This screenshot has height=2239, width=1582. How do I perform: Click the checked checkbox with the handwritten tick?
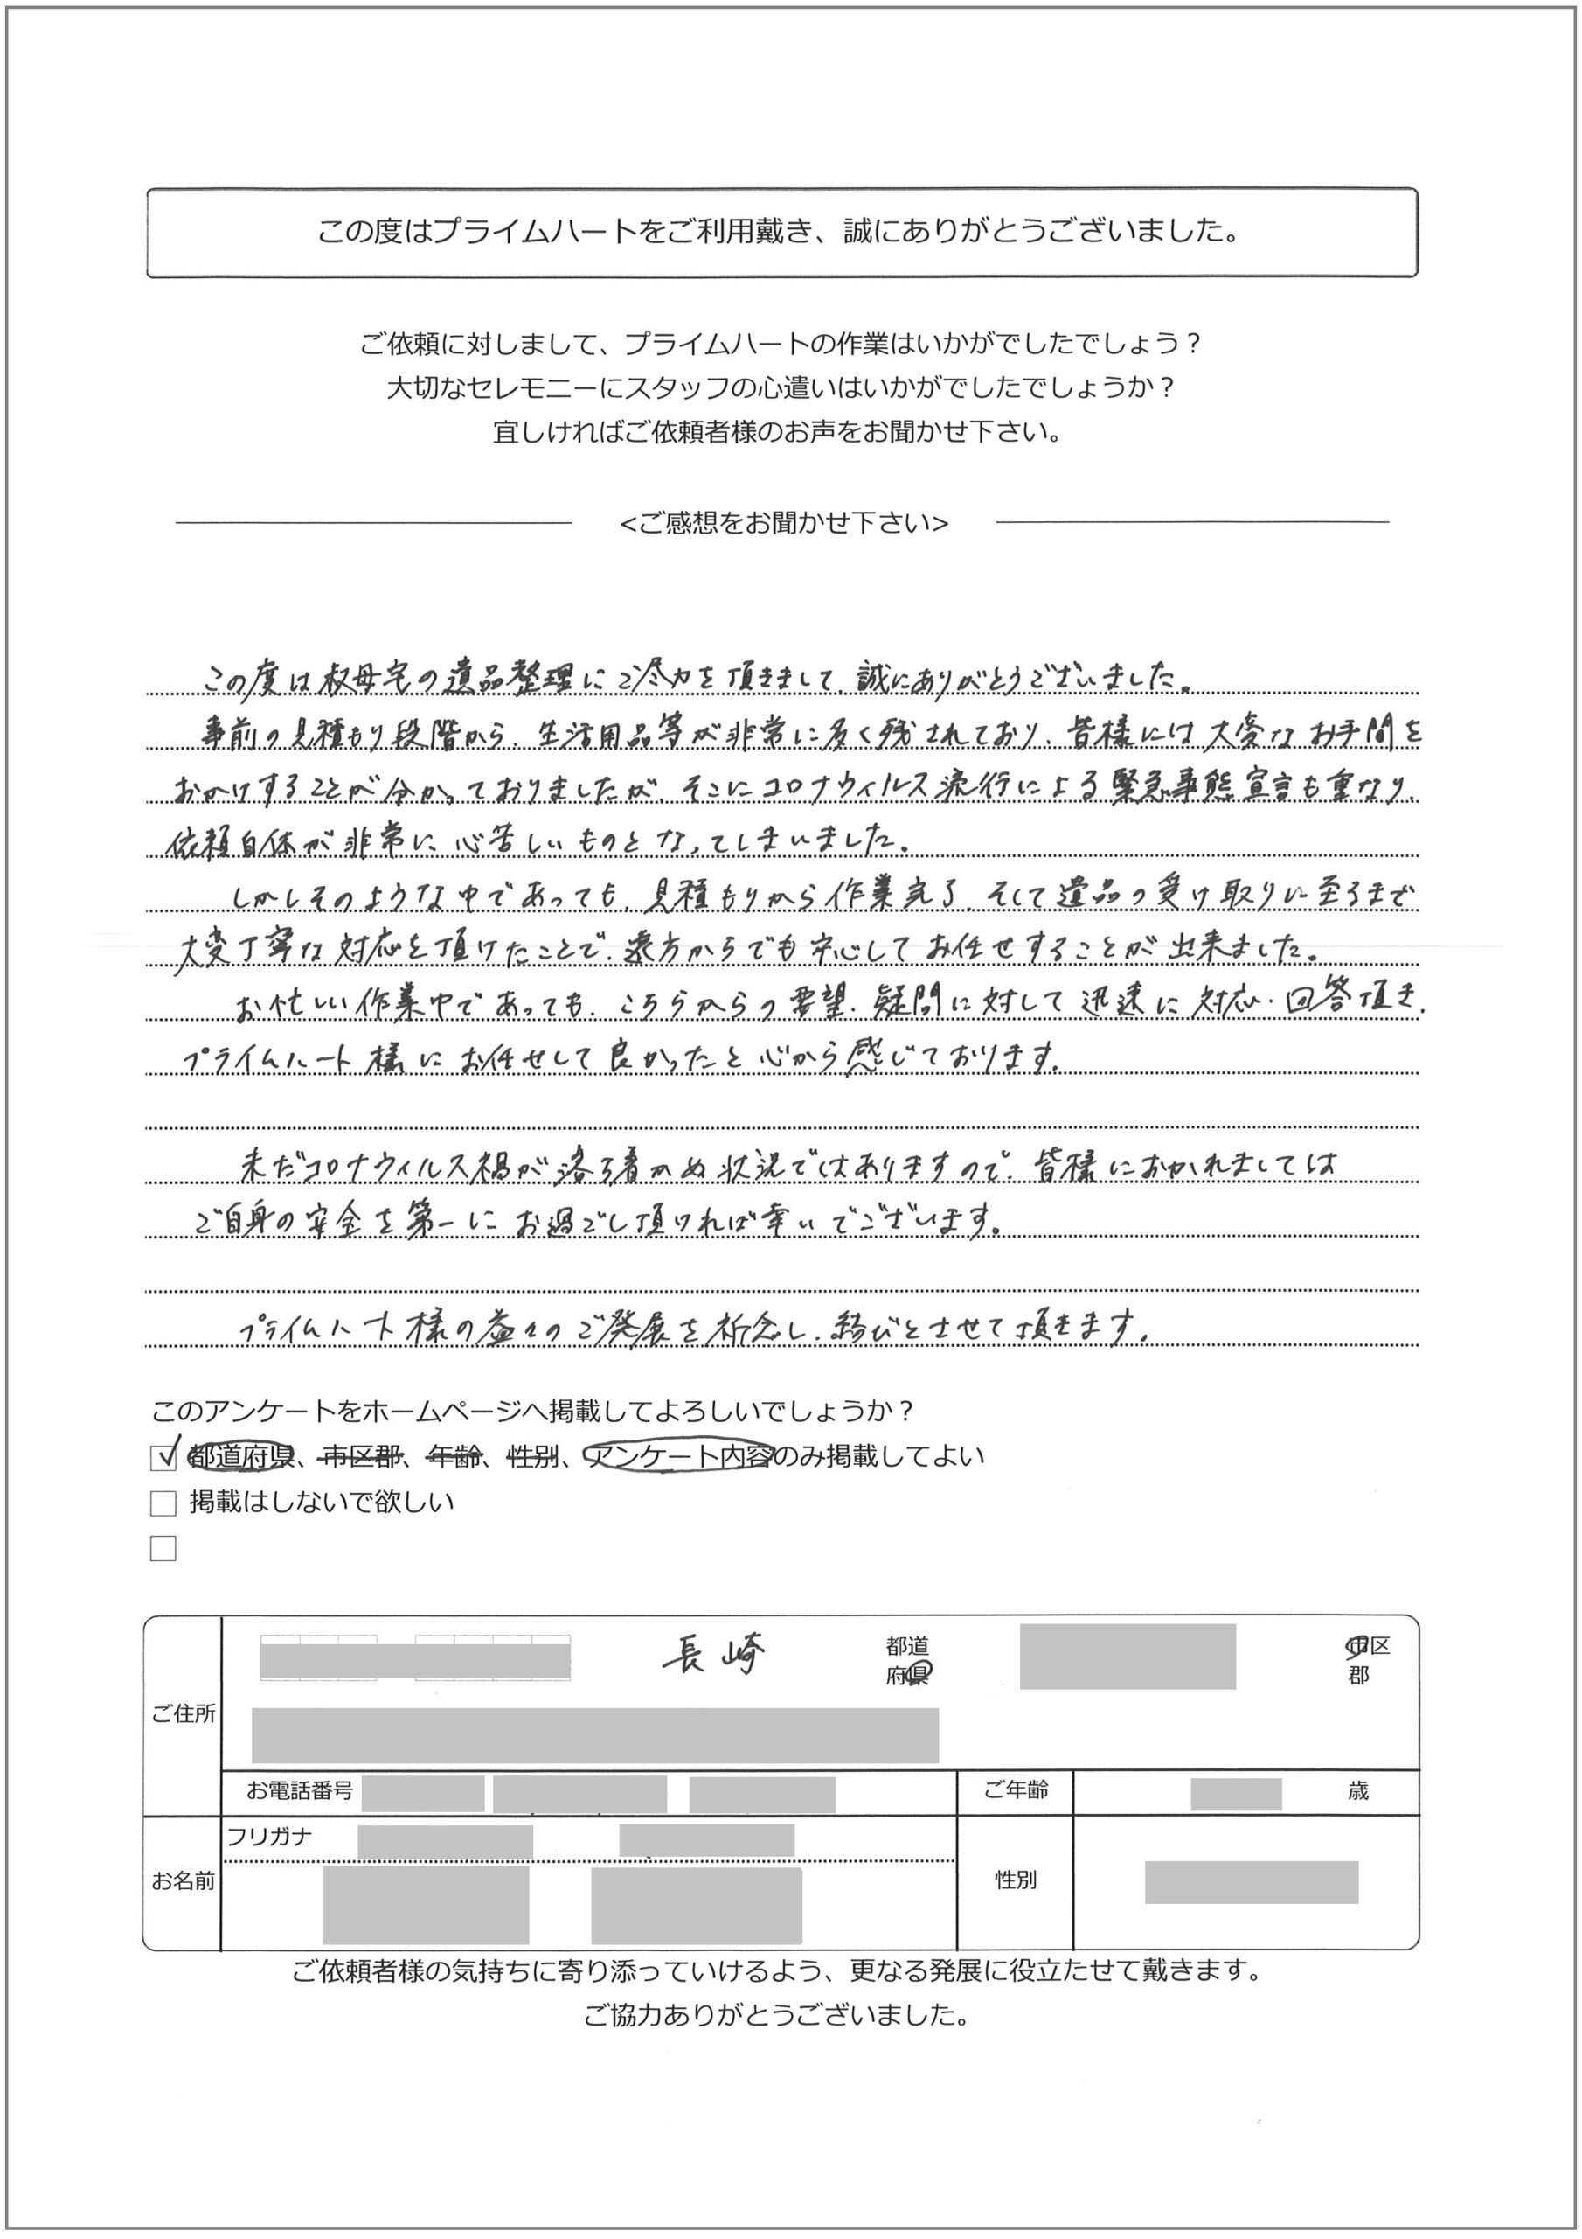coord(163,1457)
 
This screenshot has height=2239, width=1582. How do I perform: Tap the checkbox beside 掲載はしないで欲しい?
coord(163,1503)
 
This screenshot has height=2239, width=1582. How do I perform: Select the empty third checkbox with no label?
coord(163,1549)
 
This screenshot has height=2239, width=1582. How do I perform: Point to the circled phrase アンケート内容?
coord(679,1456)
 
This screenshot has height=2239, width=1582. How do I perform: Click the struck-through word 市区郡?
coord(362,1457)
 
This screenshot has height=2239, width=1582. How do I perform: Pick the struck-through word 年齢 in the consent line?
coord(455,1457)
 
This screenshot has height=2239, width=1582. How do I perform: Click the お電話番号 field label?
coord(299,1790)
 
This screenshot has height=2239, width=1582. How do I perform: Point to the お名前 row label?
coord(184,1881)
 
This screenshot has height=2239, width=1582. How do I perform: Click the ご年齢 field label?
coord(1016,1790)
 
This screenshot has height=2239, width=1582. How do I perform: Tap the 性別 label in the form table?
coord(1016,1880)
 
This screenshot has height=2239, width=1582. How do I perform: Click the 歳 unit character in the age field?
coord(1357,1791)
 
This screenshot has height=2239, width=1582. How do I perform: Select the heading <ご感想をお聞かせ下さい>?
coord(784,524)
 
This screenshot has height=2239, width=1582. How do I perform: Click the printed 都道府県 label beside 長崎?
coord(907,1661)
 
